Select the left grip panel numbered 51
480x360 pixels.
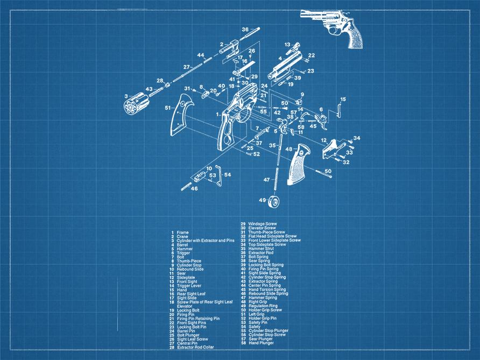(183, 115)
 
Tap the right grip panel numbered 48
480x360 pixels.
(299, 164)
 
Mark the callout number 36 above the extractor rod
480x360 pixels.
(245, 30)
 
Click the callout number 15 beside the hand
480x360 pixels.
(343, 99)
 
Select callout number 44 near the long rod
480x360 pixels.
(201, 55)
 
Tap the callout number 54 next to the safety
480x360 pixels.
(227, 174)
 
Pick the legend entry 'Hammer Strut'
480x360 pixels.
(260, 248)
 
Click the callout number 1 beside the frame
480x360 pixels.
(217, 114)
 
